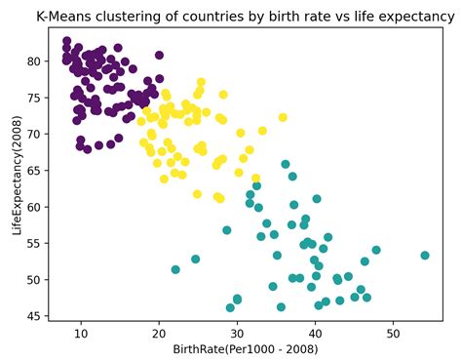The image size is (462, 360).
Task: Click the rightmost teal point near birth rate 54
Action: pyautogui.click(x=425, y=256)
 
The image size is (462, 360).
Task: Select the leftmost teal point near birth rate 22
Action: pyautogui.click(x=175, y=269)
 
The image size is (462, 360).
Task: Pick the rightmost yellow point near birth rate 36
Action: pyautogui.click(x=283, y=117)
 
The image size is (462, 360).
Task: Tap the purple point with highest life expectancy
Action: pyautogui.click(x=66, y=41)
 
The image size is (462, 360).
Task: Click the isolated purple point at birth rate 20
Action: pyautogui.click(x=160, y=56)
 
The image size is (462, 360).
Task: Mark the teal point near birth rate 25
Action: pyautogui.click(x=196, y=260)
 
